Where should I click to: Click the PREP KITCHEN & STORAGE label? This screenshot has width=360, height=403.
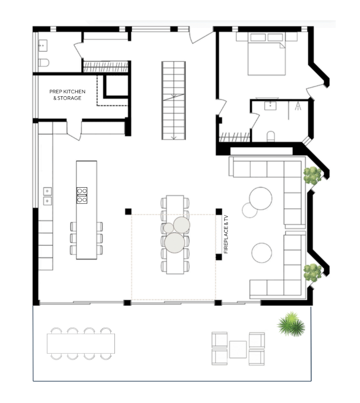coord(67,95)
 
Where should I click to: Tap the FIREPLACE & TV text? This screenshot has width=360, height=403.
coord(226,234)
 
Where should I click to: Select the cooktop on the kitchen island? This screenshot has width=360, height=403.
coord(82,196)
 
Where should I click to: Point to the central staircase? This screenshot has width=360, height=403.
coord(174,101)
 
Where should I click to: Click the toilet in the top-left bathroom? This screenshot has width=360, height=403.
coord(43,62)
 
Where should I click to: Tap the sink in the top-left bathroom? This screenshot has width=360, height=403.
coord(43,46)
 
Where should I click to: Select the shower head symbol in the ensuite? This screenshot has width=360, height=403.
coord(298,106)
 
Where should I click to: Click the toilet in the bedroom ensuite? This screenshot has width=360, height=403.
coord(271,136)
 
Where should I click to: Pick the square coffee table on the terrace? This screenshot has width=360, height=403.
coord(238,350)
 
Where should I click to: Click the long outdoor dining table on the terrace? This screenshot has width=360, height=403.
coord(81,344)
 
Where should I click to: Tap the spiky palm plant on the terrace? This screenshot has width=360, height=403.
coord(291,324)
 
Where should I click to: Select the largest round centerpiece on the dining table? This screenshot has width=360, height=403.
coord(174,243)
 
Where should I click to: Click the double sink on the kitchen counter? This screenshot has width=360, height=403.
coord(48,196)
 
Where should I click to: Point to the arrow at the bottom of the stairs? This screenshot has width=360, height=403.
coord(174,137)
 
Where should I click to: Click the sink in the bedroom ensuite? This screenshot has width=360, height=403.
coord(270,106)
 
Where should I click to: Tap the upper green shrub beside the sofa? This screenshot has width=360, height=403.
coord(312,176)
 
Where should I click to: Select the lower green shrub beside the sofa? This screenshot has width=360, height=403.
coord(312,272)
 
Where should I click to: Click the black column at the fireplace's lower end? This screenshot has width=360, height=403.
coord(219,257)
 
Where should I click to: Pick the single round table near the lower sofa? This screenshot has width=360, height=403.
coord(262,253)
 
